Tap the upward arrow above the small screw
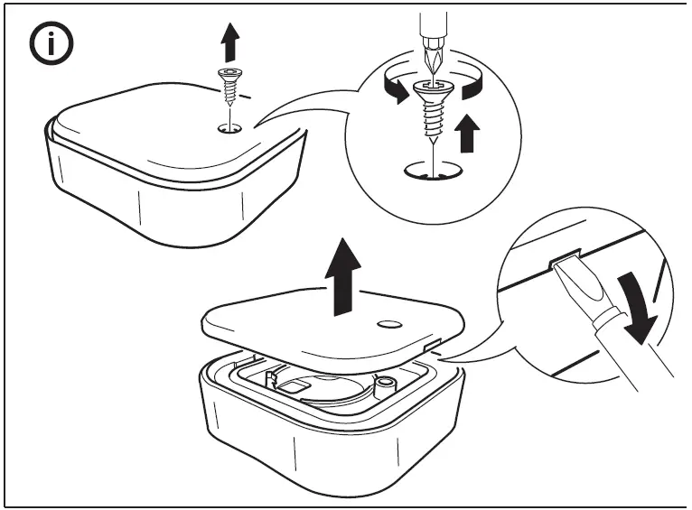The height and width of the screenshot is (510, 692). pyautogui.click(x=229, y=42)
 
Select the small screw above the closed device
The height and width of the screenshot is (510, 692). pyautogui.click(x=231, y=87)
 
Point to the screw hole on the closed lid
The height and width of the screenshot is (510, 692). pyautogui.click(x=231, y=129)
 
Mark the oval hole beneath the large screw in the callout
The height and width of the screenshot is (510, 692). pyautogui.click(x=433, y=171)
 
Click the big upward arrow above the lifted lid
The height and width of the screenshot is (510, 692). pyautogui.click(x=346, y=276)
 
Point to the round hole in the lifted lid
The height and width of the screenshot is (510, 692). pyautogui.click(x=390, y=324)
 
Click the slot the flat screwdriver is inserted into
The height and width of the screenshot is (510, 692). pyautogui.click(x=561, y=261)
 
